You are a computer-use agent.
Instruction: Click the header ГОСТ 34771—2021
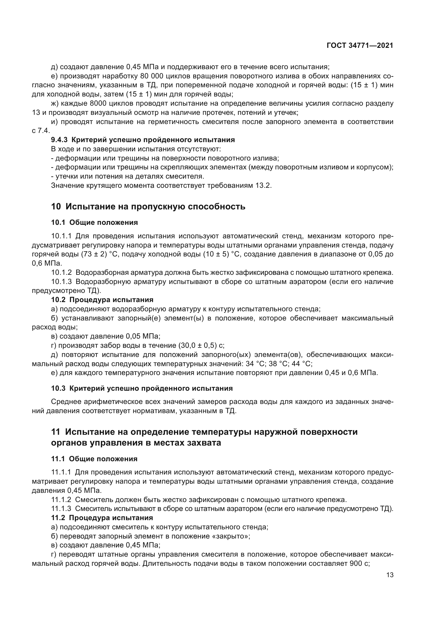[360, 46]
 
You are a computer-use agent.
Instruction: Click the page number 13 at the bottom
[390, 575]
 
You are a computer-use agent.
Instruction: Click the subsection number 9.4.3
[59, 140]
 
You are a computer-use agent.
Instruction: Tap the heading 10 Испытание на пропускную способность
[148, 206]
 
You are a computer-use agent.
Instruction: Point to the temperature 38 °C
[278, 364]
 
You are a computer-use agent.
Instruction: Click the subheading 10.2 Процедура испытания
[102, 299]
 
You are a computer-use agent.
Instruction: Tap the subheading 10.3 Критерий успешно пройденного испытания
[142, 388]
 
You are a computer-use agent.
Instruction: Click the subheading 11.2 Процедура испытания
[102, 518]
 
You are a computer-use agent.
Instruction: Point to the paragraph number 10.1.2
[61, 273]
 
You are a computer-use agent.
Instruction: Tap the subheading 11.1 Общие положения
[94, 459]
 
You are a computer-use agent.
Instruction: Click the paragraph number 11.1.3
[61, 509]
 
